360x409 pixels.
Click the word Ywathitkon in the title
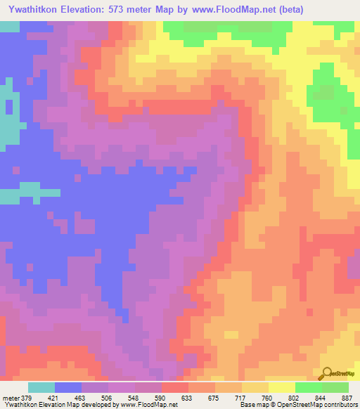pyautogui.click(x=32, y=9)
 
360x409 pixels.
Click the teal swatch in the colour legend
pyautogui.click(x=41, y=387)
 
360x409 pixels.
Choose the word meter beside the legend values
pyautogui.click(x=11, y=397)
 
